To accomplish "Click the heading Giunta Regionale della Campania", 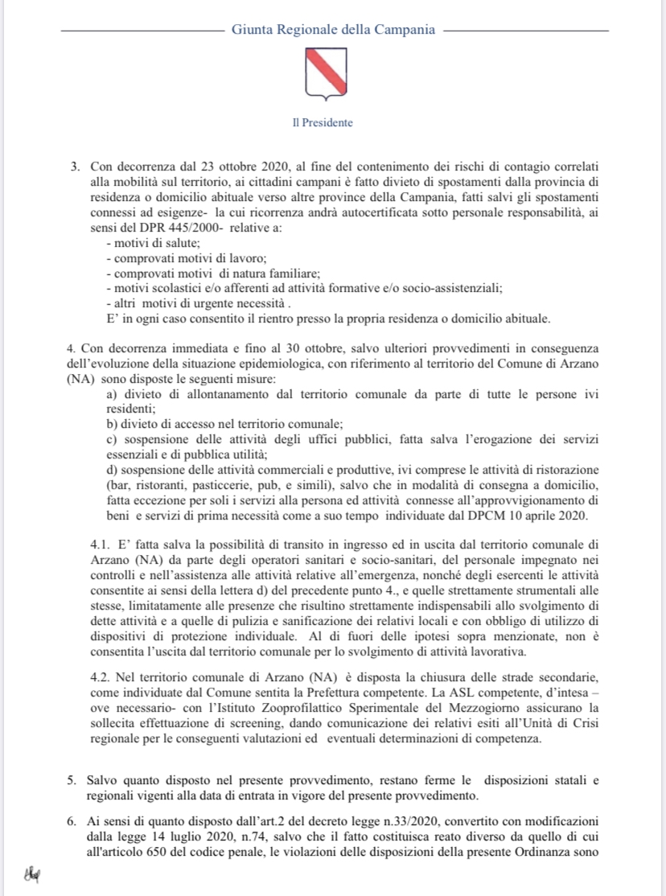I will click(333, 30).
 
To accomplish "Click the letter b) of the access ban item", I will click(113, 424).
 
